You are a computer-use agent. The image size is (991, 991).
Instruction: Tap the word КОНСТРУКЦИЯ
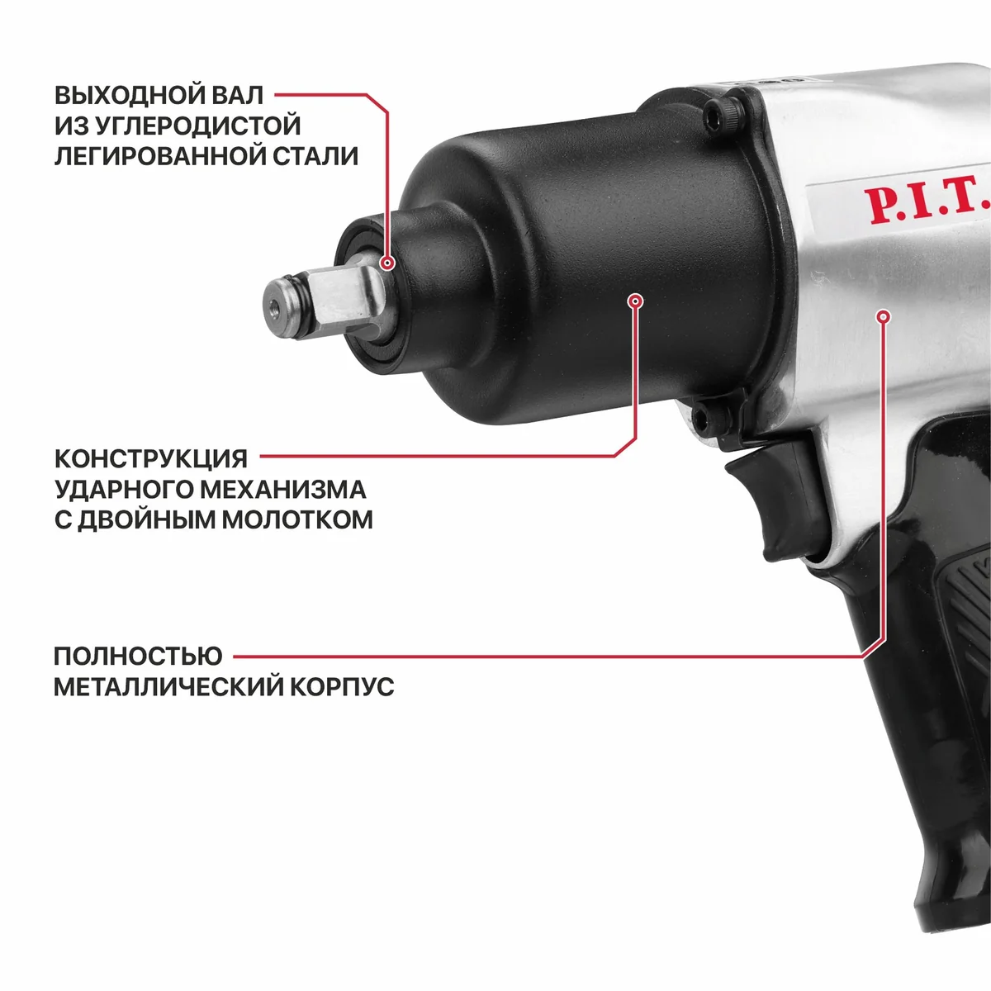[150, 458]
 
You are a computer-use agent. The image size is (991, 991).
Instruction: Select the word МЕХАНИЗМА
[283, 489]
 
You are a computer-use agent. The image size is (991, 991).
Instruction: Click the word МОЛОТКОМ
[297, 520]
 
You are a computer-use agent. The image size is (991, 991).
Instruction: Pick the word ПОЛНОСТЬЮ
[139, 657]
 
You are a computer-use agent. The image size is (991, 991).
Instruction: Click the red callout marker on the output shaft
[387, 263]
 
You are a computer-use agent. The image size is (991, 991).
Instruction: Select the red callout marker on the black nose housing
[636, 301]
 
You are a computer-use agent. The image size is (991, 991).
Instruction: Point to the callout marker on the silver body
[884, 316]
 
